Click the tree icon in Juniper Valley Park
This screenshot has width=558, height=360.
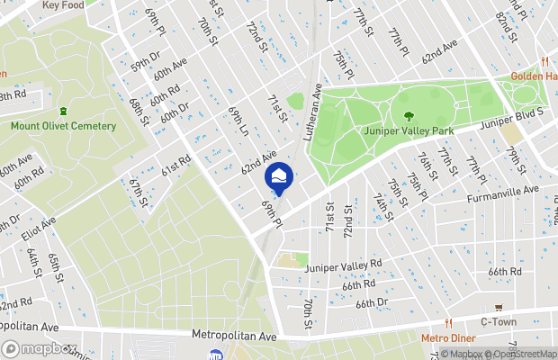409,116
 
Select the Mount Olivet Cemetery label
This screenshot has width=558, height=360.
63,126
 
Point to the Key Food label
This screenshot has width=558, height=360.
64,5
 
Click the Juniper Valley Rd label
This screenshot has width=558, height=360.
343,266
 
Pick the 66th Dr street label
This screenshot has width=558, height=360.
371,303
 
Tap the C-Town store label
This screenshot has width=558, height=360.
498,321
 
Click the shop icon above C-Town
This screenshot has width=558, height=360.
498,307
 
